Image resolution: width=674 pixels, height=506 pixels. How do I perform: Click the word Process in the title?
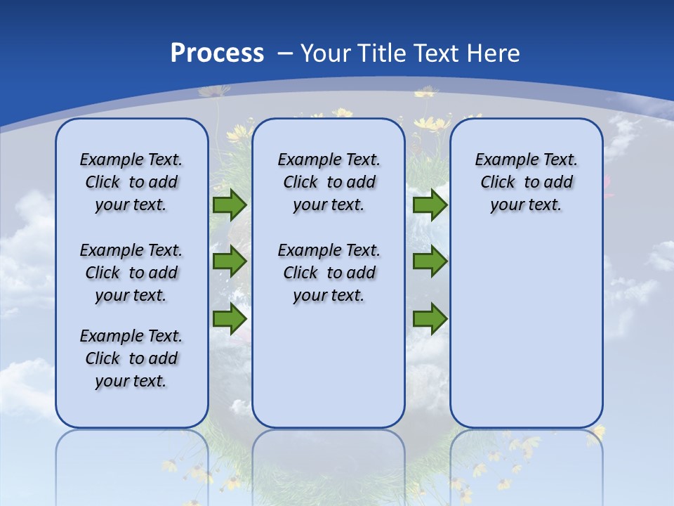(x=217, y=53)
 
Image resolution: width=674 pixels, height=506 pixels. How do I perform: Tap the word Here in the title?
(x=491, y=53)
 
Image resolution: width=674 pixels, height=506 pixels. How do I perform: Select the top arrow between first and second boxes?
(x=229, y=205)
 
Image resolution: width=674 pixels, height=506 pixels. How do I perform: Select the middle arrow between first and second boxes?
(x=229, y=261)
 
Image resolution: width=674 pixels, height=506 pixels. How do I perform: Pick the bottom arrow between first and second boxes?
(x=229, y=319)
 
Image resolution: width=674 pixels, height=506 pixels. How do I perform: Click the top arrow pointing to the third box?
(x=430, y=205)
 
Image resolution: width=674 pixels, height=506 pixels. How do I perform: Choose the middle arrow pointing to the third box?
(x=430, y=261)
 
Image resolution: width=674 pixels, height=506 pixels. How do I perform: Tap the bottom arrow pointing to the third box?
(x=430, y=319)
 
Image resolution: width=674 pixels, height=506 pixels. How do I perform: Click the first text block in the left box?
(x=131, y=182)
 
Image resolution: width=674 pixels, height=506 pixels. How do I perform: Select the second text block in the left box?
(x=131, y=273)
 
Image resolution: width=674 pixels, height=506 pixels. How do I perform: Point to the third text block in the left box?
(x=131, y=358)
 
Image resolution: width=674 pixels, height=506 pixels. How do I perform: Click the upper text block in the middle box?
(x=329, y=182)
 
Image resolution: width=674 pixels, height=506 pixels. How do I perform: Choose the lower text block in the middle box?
(x=329, y=273)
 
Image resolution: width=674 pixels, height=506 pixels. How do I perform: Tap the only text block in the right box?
(x=526, y=182)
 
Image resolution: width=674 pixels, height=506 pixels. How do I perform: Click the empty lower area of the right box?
(x=526, y=330)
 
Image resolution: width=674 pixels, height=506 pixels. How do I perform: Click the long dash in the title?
(x=285, y=53)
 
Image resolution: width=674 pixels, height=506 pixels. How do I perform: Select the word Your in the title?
(x=326, y=53)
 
